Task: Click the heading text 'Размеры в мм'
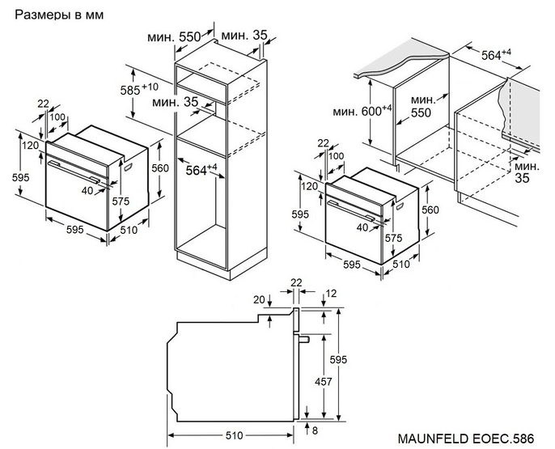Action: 59,15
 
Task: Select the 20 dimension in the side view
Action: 258,299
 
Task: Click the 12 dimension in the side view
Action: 331,293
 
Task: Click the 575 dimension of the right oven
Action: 394,239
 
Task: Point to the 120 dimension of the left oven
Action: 30,146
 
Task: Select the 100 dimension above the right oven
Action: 336,155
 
